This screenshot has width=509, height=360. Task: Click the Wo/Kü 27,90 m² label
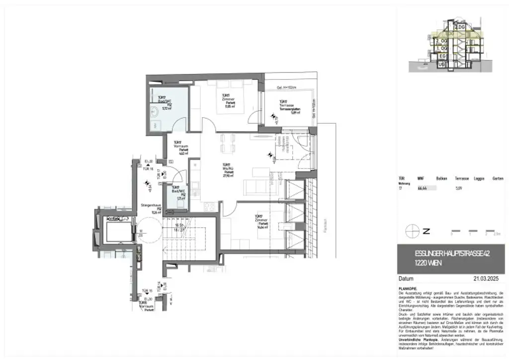228,170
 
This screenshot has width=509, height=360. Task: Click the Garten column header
499,178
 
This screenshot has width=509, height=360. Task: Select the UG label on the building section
441,64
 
